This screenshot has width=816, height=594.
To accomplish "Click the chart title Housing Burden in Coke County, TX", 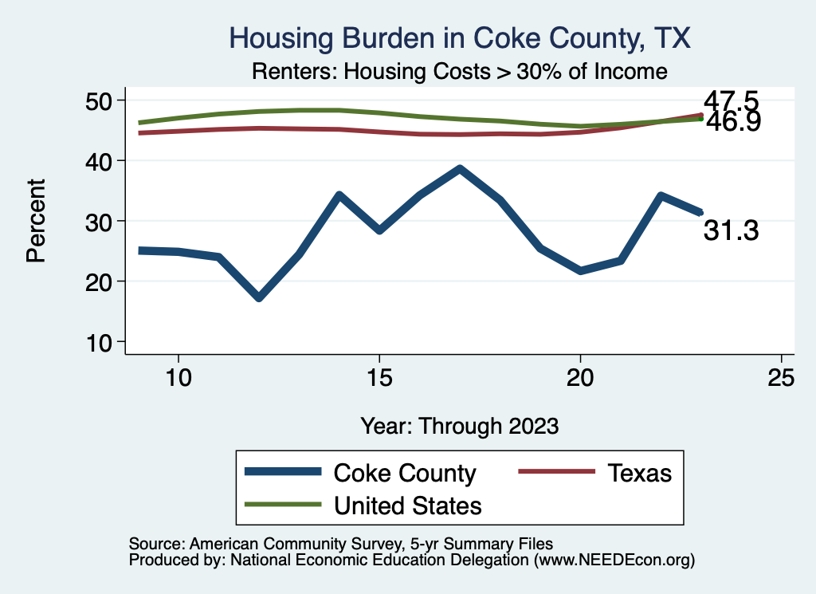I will coord(458,37).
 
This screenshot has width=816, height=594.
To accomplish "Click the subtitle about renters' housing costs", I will coord(458,71).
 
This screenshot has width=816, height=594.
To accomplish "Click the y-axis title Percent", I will coord(36,221).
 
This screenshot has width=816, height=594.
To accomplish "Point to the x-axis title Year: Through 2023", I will coord(459,425).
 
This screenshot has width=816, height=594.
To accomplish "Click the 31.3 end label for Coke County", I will coord(730,231).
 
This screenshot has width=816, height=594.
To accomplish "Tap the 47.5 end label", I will coord(730,102).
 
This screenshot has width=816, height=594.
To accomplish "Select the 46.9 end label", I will coord(730,122).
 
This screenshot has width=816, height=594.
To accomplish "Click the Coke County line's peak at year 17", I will coord(460,169).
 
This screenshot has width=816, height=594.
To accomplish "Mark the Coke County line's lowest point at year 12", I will coord(259,297).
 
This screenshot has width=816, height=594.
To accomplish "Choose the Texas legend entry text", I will coord(640,473).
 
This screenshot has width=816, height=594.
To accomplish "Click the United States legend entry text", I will coord(407,505).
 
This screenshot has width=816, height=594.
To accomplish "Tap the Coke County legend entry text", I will coord(404,473).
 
